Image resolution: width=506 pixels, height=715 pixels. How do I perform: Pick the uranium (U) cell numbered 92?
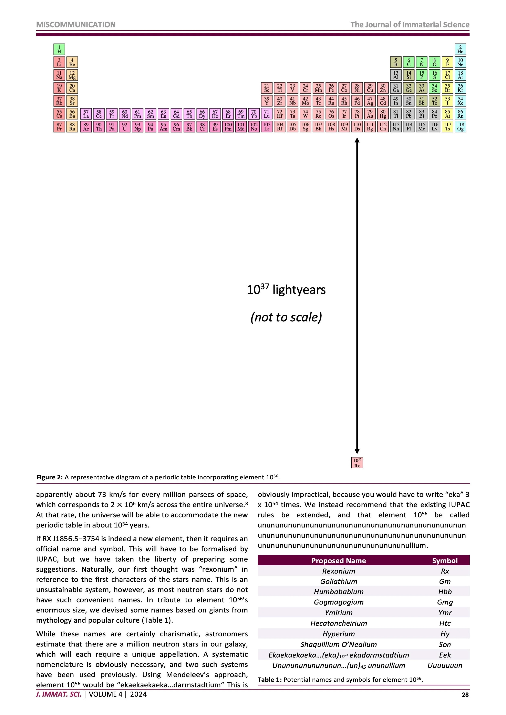tap(125, 127)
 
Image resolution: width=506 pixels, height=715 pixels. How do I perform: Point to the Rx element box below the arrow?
tap(357, 463)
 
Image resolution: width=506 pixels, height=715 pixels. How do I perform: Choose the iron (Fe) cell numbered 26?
tap(331, 88)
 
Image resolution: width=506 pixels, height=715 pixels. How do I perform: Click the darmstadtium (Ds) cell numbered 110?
tap(357, 127)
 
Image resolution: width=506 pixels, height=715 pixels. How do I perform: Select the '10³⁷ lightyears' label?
tap(286, 290)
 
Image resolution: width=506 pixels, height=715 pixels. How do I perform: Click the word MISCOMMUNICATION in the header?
tap(76, 25)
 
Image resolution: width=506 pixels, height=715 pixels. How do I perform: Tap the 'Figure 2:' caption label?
tap(50, 477)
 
